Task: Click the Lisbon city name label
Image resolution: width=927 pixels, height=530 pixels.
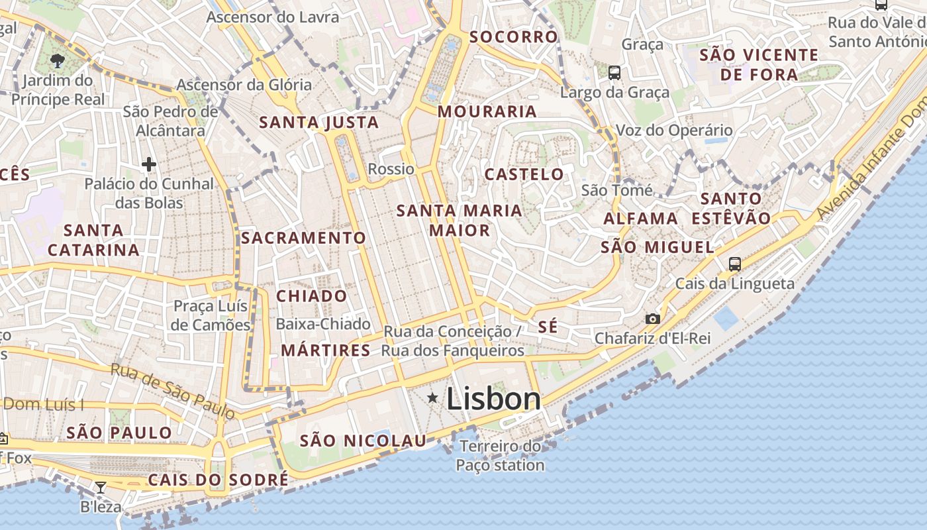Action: click(493, 399)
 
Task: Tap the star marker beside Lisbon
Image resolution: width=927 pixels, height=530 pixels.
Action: click(433, 397)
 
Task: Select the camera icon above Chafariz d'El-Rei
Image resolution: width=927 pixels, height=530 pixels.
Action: click(652, 319)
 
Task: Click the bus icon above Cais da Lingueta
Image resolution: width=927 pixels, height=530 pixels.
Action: click(734, 264)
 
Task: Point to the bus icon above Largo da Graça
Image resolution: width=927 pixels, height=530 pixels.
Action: click(614, 72)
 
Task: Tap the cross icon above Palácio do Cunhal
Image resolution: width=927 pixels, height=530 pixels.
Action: click(149, 164)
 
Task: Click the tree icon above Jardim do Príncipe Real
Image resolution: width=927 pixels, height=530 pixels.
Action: click(58, 61)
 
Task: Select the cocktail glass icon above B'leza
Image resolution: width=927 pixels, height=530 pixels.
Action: click(100, 488)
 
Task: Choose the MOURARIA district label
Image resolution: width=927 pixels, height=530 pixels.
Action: click(487, 111)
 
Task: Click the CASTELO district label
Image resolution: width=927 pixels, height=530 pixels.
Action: click(524, 174)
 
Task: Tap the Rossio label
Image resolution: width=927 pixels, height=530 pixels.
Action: click(391, 169)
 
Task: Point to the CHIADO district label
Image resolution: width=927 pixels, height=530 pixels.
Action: click(311, 296)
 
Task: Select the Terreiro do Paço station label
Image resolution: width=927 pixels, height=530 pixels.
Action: click(500, 456)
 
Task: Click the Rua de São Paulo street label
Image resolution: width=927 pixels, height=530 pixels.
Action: click(172, 391)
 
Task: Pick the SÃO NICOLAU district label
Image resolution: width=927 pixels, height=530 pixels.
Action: click(364, 441)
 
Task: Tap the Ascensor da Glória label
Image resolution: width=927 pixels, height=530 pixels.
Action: click(244, 85)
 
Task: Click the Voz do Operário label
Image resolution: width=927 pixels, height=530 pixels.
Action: click(674, 130)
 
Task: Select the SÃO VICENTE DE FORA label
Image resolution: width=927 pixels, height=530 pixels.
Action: click(759, 64)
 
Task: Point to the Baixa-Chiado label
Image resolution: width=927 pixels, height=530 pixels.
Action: click(323, 324)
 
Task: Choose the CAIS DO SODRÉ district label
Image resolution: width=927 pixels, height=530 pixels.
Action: click(218, 480)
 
